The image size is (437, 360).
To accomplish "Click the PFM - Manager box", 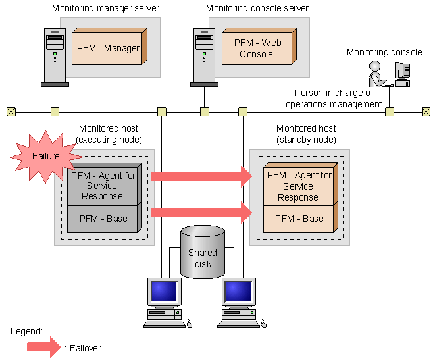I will pyautogui.click(x=107, y=48).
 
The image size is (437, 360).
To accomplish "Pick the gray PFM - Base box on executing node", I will pyautogui.click(x=102, y=219).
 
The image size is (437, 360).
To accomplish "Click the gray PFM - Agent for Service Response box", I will pyautogui.click(x=101, y=186).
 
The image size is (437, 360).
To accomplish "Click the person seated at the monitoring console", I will pyautogui.click(x=377, y=74).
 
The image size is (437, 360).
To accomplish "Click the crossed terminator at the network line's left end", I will pyautogui.click(x=11, y=112).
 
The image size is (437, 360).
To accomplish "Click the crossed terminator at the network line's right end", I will pyautogui.click(x=426, y=112).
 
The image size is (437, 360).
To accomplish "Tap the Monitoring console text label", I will pyautogui.click(x=384, y=52).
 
